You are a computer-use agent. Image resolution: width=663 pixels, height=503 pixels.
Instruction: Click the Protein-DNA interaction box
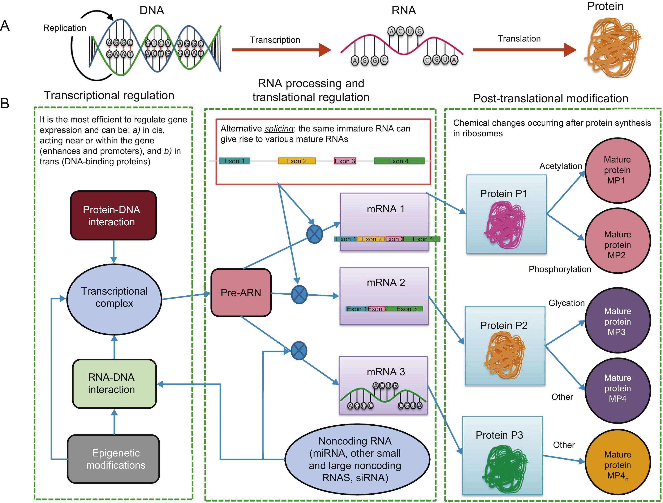pyautogui.click(x=113, y=215)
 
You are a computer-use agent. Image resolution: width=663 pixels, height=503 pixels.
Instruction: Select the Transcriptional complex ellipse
pyautogui.click(x=114, y=299)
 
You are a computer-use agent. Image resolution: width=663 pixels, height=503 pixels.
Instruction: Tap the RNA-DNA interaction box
pyautogui.click(x=114, y=384)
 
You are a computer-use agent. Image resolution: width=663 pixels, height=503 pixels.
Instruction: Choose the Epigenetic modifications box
pyautogui.click(x=113, y=459)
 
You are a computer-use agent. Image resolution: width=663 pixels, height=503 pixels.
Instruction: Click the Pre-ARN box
pyautogui.click(x=241, y=292)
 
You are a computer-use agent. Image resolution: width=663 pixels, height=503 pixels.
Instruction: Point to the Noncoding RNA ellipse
pyautogui.click(x=357, y=459)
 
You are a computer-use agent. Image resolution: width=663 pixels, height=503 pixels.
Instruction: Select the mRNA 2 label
pyautogui.click(x=386, y=282)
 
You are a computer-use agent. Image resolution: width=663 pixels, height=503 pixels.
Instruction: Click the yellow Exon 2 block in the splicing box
pyautogui.click(x=297, y=161)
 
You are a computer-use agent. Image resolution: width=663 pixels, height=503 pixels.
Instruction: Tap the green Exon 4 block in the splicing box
pyautogui.click(x=399, y=161)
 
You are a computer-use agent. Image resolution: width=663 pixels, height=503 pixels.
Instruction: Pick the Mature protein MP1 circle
pyautogui.click(x=617, y=170)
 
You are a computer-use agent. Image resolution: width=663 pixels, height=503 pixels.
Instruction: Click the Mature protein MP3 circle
pyautogui.click(x=617, y=321)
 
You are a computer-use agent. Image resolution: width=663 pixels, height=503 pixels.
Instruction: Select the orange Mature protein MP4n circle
pyautogui.click(x=617, y=465)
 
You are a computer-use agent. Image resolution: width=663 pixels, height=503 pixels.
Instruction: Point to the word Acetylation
pyautogui.click(x=560, y=166)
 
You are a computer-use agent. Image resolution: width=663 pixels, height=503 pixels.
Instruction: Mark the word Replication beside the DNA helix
pyautogui.click(x=65, y=28)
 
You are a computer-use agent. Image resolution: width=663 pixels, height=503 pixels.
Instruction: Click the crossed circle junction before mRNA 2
pyautogui.click(x=299, y=295)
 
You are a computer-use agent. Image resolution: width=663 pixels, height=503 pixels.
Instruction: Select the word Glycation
pyautogui.click(x=567, y=303)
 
